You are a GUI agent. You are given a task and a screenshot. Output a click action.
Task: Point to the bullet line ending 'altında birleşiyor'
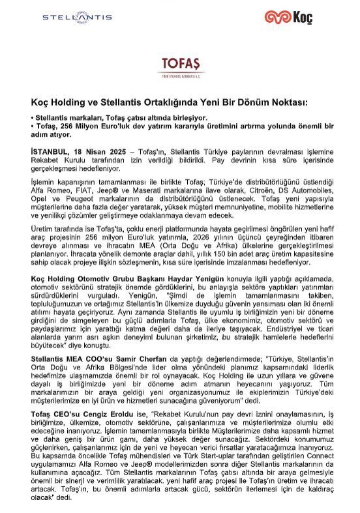pos(104,117)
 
